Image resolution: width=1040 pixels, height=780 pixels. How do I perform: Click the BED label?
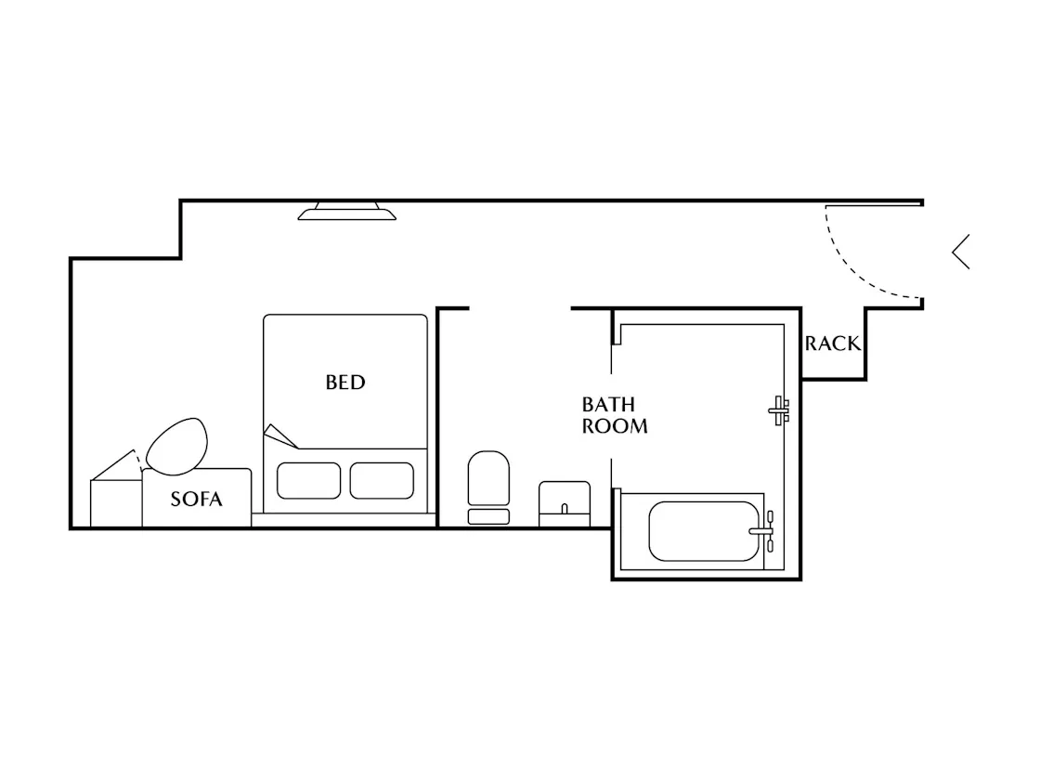(344, 382)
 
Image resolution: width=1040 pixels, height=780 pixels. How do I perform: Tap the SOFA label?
(196, 499)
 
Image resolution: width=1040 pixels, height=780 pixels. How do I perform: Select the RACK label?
(832, 344)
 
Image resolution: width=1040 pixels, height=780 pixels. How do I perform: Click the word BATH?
(608, 404)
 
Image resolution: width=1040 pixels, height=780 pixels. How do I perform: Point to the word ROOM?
(615, 426)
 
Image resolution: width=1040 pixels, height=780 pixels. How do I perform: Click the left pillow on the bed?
(308, 480)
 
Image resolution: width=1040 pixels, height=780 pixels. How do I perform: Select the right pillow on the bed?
(382, 480)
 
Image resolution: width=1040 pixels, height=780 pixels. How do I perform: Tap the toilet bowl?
(488, 478)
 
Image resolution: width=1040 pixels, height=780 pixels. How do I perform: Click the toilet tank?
(488, 516)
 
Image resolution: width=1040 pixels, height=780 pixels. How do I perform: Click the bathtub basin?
(704, 530)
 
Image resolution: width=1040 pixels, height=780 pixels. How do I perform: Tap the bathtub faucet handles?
(765, 530)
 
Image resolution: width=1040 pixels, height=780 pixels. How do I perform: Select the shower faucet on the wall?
(779, 410)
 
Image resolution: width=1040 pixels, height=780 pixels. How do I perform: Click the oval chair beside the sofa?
(176, 447)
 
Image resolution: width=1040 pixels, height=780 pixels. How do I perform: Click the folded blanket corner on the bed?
(279, 437)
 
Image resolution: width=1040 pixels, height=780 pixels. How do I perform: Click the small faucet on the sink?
(565, 509)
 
